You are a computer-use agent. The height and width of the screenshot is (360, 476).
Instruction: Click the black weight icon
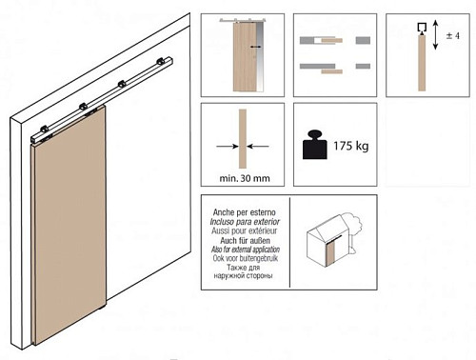click(315, 145)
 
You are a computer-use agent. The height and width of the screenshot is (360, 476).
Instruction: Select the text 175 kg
click(350, 146)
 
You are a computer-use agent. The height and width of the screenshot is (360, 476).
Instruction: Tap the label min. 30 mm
click(245, 178)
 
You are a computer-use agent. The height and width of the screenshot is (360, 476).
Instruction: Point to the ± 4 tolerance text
click(453, 35)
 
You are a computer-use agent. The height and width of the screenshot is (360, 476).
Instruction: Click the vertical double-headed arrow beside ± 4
click(435, 34)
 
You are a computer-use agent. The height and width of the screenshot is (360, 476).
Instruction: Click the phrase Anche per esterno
click(245, 212)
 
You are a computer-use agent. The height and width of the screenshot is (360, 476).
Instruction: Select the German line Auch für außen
click(245, 240)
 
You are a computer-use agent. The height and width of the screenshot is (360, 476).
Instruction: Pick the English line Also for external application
click(246, 250)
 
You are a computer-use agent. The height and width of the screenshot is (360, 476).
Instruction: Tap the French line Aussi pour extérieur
click(245, 230)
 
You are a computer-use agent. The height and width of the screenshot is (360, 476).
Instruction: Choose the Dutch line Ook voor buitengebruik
click(246, 258)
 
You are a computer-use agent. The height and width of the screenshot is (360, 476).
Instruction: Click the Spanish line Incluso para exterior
click(245, 222)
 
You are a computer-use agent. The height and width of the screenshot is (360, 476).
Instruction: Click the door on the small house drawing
click(331, 253)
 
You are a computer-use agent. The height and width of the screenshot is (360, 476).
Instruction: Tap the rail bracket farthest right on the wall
click(161, 62)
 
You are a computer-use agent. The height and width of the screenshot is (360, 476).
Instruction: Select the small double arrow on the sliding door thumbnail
click(256, 47)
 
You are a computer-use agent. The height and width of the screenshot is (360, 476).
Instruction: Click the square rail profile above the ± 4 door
click(422, 29)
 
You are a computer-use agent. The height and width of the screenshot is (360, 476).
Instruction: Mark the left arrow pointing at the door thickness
click(228, 147)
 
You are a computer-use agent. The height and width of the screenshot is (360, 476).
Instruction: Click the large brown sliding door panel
click(69, 224)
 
